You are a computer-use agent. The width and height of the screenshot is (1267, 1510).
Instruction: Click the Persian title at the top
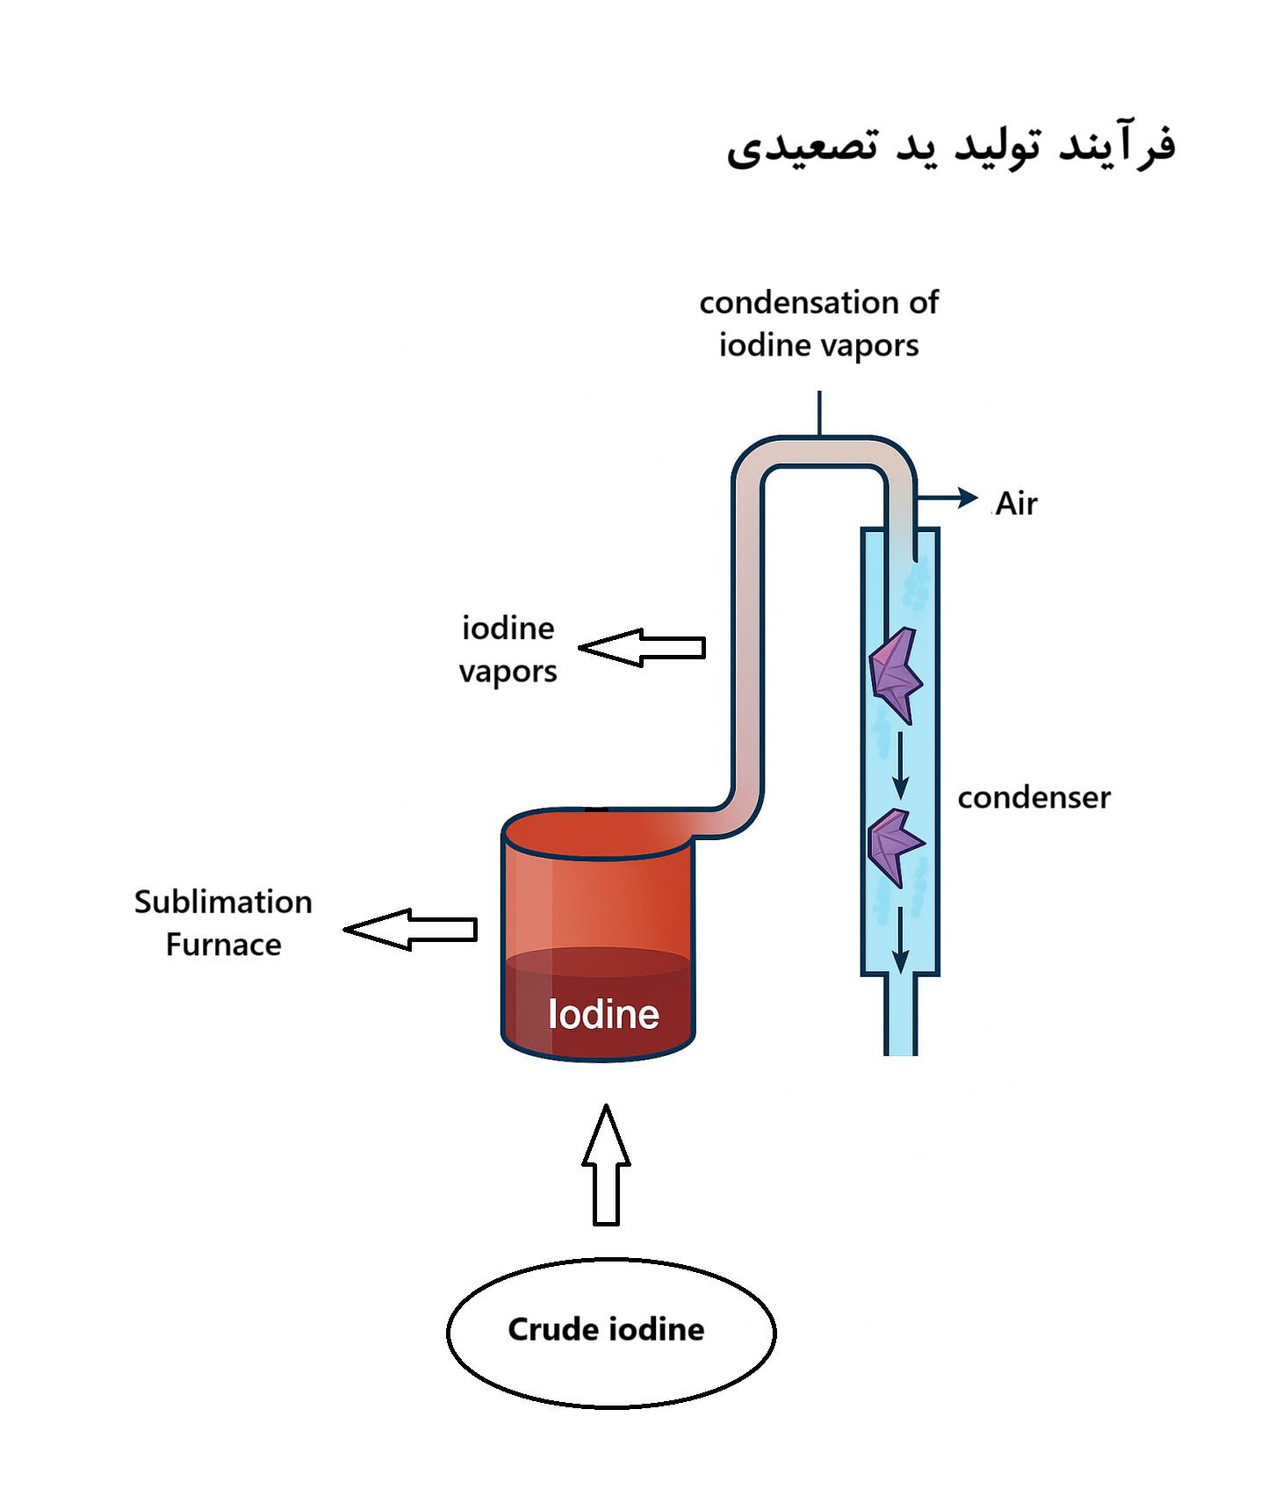951,145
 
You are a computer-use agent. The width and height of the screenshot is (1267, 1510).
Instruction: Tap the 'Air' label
1017,504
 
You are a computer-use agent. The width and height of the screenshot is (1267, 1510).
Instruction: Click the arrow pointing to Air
947,498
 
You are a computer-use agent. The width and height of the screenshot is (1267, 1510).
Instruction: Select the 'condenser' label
1033,797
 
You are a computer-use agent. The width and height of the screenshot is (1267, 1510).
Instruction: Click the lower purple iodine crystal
895,846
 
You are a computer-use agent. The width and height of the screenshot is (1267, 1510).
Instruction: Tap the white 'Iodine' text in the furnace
603,1014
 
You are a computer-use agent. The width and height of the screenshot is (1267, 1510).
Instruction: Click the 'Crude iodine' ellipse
611,1333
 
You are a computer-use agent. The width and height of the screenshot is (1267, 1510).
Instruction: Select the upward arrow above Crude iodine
606,1165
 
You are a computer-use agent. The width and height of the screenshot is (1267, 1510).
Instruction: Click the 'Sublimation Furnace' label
223,923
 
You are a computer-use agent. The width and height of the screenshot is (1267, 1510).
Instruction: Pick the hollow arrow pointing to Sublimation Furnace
410,929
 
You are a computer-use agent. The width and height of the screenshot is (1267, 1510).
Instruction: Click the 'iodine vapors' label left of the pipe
508,650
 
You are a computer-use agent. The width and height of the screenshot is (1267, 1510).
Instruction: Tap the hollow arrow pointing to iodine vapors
642,648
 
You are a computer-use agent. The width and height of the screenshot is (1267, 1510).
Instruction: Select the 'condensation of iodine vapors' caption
819,323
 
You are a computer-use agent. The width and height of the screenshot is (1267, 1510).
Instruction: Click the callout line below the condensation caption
819,413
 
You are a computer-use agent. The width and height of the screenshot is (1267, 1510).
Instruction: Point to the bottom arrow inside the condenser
900,940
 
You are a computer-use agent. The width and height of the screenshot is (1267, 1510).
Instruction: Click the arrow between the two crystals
900,766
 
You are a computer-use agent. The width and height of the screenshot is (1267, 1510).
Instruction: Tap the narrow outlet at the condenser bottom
900,1015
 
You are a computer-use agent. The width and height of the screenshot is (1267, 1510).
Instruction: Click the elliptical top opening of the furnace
597,833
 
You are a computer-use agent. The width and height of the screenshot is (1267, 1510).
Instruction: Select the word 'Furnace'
223,945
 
